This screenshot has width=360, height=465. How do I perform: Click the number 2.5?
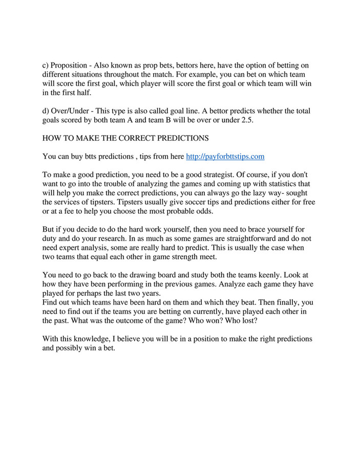click(x=247, y=120)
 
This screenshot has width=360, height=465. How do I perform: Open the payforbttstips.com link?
click(x=225, y=156)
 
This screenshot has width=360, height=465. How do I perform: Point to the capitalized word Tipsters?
click(x=134, y=202)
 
